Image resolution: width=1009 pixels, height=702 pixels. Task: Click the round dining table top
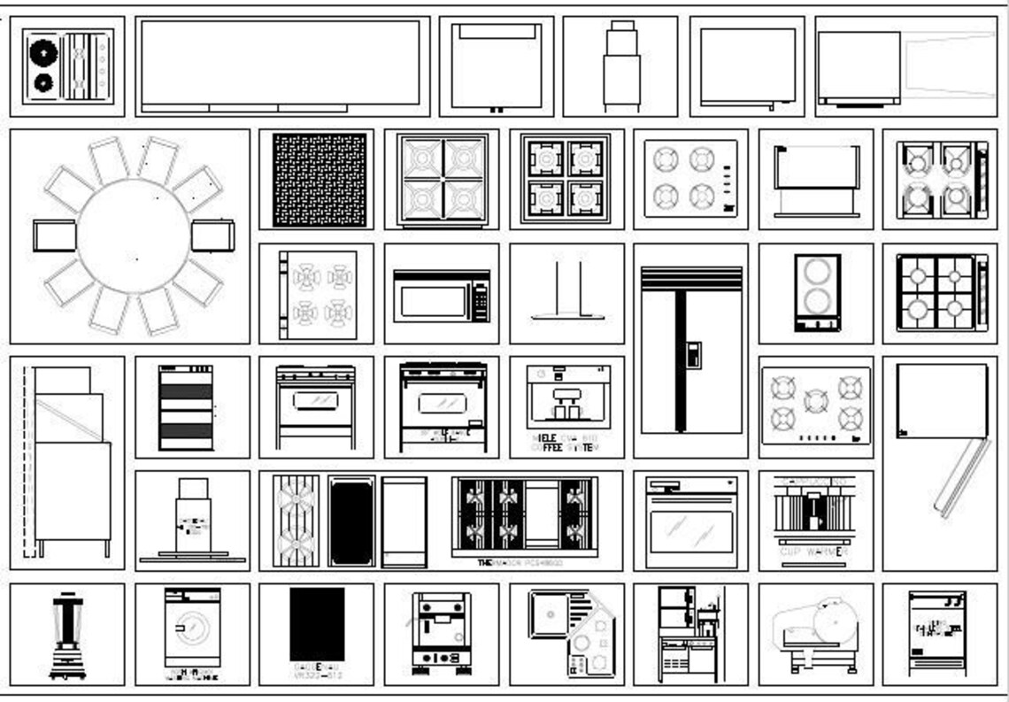(x=133, y=235)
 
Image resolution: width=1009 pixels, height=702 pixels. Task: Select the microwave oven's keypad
(x=481, y=301)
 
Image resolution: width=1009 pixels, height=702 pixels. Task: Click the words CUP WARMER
(x=813, y=552)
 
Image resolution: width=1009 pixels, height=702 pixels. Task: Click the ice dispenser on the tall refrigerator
(x=693, y=355)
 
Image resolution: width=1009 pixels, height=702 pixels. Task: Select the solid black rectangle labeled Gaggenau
(x=316, y=624)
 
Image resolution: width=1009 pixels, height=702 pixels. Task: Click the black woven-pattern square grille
(x=319, y=180)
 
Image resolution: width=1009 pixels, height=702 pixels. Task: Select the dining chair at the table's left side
(x=53, y=235)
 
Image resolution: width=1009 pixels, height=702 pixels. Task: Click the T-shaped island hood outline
(x=568, y=292)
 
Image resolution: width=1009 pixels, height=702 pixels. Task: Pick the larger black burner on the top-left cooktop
(x=42, y=53)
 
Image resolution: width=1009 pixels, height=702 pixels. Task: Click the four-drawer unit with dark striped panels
(x=185, y=407)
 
